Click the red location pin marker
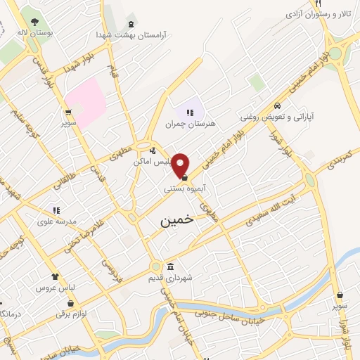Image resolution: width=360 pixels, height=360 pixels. [181, 165]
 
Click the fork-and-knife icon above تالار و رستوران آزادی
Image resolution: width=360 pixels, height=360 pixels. [318, 2]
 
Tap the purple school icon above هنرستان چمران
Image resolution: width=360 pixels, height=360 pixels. [189, 112]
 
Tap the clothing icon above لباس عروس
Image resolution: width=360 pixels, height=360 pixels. [55, 278]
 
